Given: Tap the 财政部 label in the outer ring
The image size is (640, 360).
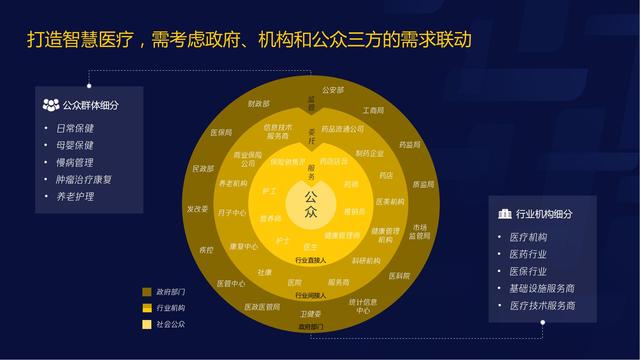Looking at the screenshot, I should (259, 103).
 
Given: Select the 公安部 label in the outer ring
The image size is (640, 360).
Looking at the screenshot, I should (332, 90).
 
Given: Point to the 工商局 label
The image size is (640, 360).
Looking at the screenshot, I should (373, 110).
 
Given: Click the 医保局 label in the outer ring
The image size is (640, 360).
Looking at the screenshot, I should (220, 131).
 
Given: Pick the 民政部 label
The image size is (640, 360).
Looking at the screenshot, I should (202, 169).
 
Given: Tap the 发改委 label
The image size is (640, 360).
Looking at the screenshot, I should (196, 209).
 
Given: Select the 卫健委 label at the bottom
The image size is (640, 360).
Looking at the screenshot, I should (311, 314).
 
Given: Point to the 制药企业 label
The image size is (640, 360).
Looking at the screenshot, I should (369, 153).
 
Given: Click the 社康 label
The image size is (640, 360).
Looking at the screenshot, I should (264, 272).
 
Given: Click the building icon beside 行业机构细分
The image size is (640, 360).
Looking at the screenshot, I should (505, 214).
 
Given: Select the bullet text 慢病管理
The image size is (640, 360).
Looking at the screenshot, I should (75, 162).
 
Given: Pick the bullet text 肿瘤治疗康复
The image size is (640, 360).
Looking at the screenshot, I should (85, 179).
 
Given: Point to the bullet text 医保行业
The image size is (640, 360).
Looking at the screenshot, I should (529, 271).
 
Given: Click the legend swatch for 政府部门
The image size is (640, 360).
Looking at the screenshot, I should (147, 292).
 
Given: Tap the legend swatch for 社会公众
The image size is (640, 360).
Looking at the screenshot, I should (147, 324).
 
